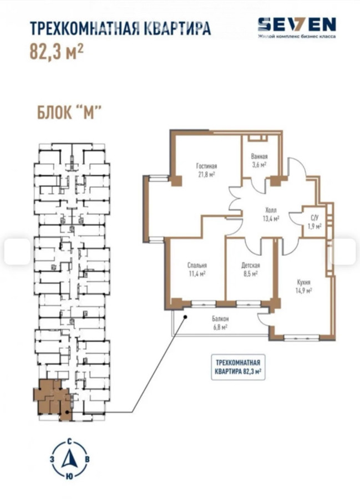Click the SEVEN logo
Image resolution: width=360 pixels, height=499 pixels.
click(297, 24)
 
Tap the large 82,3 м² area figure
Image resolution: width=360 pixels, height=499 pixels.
click(57, 51)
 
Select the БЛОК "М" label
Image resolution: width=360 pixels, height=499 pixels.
click(69, 113)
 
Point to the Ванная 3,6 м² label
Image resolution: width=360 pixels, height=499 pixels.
click(259, 160)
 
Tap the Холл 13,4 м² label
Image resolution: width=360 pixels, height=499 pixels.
click(271, 214)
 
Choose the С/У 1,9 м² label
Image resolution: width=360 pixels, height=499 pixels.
click(314, 222)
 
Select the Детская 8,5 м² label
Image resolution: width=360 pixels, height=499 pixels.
click(251, 269)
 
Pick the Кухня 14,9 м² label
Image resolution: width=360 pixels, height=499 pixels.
click(304, 286)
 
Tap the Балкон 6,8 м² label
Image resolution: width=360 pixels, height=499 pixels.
click(220, 323)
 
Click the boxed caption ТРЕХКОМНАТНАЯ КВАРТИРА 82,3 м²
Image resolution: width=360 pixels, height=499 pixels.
click(239, 367)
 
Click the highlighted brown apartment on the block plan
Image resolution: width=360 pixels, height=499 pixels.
click(53, 400)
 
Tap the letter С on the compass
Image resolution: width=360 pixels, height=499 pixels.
click(69, 442)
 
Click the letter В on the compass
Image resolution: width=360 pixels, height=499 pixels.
click(87, 460)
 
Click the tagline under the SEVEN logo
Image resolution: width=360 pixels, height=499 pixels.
click(297, 36)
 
